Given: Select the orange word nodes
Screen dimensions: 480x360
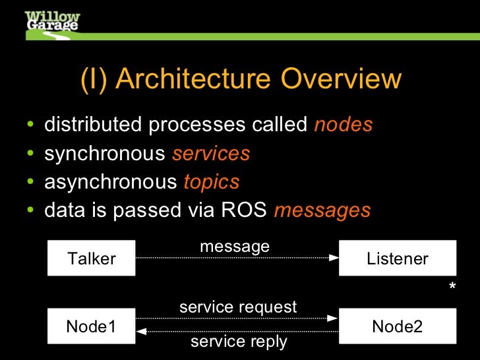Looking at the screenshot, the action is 344,125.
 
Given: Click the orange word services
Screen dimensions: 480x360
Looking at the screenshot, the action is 211,154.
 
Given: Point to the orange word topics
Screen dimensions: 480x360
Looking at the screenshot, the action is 211,182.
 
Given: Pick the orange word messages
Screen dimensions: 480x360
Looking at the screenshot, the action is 322,210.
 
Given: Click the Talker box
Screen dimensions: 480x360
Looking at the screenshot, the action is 92,258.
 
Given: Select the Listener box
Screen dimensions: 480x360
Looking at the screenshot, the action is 397,258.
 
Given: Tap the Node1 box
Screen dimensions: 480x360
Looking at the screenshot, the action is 92,326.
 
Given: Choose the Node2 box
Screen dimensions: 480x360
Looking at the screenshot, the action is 397,326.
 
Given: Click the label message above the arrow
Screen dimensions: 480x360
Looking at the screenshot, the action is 235,247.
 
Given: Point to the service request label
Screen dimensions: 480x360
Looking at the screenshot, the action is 238,307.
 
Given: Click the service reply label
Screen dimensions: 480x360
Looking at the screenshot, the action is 239,342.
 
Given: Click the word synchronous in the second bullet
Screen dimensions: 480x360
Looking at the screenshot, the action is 105,154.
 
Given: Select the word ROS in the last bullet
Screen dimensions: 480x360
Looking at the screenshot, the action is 244,210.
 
